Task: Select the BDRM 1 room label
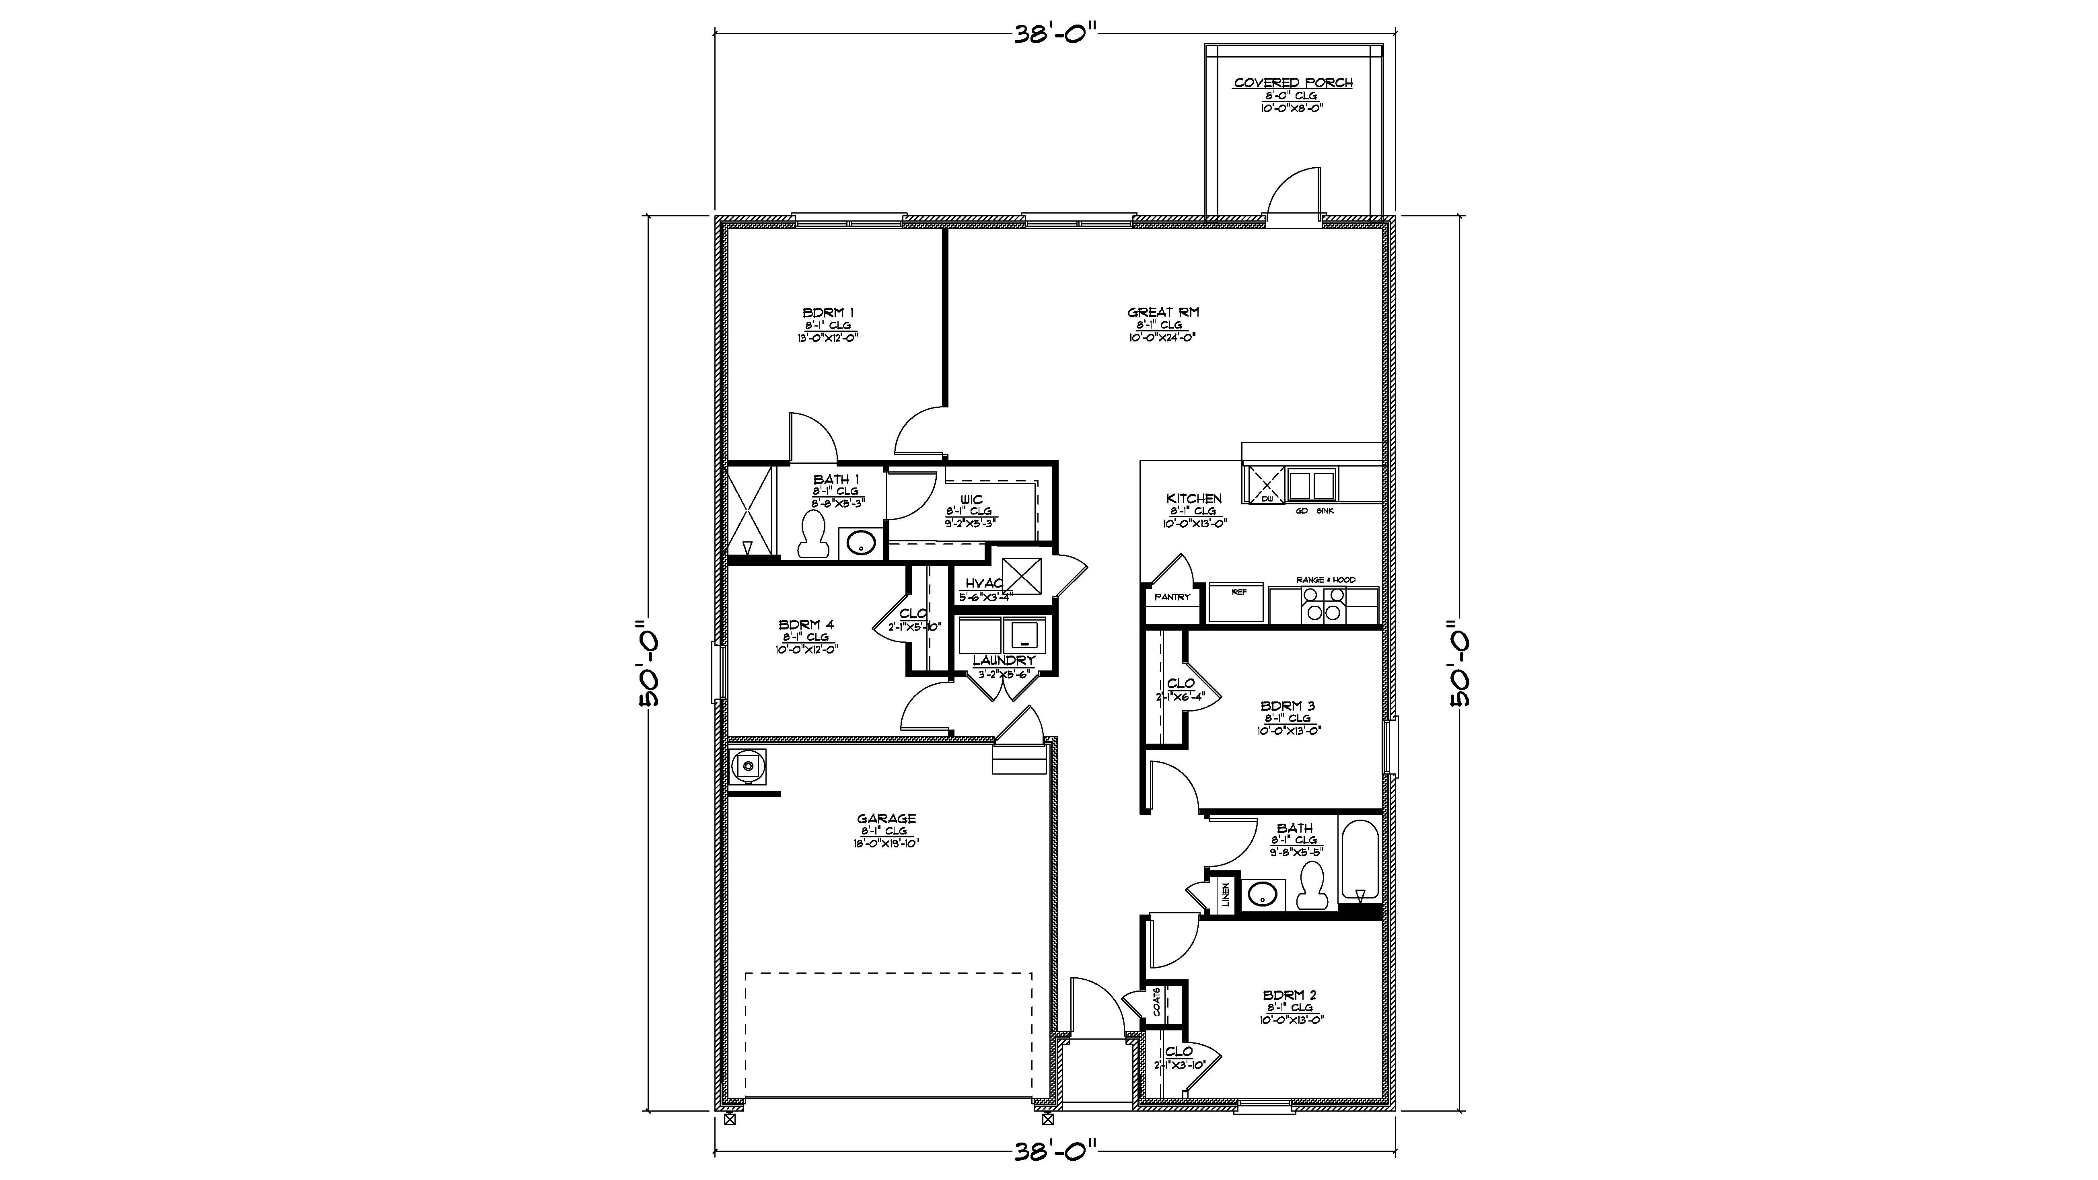[x=827, y=313]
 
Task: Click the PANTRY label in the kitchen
[x=1172, y=597]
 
